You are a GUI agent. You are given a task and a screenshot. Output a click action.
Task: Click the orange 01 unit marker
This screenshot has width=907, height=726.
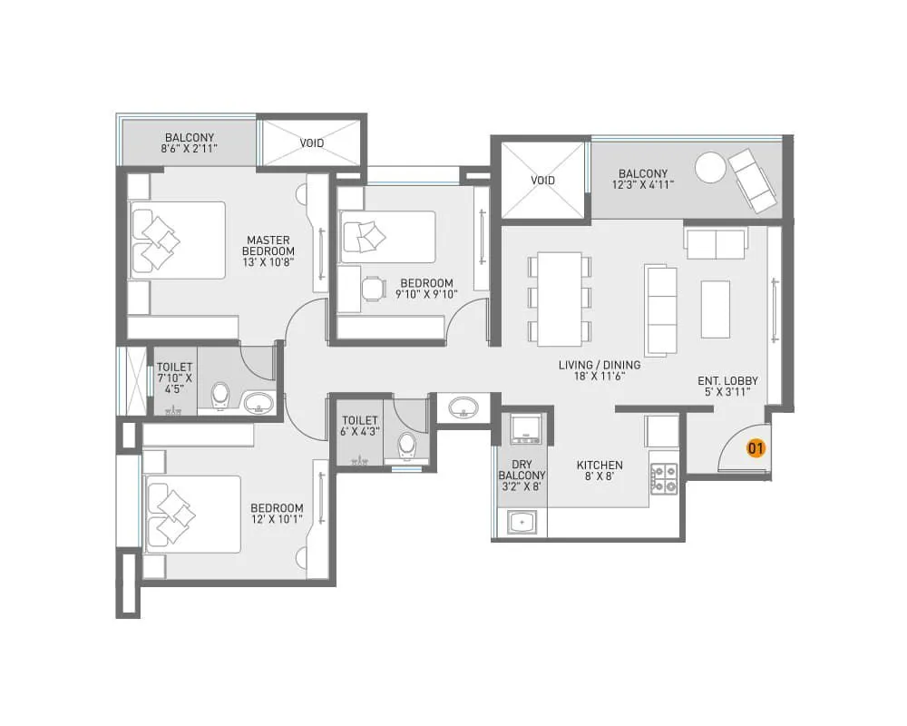point(756,447)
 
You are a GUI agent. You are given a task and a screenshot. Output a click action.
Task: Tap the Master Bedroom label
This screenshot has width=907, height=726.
point(268,250)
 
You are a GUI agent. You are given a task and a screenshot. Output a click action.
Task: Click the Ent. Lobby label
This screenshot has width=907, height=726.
point(727,386)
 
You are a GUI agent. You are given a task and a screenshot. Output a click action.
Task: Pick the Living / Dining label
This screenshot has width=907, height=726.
point(600,370)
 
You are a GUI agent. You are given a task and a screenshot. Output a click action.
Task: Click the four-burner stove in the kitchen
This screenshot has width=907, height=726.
point(664,478)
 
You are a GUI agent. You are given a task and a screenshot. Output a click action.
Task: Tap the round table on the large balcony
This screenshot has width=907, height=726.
point(710,167)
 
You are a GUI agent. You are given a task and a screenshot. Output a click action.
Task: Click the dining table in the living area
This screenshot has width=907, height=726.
point(559,299)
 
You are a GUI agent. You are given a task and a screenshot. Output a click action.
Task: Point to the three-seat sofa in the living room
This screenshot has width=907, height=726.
point(661,309)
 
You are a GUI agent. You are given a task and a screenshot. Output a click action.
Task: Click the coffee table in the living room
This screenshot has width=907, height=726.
point(716,309)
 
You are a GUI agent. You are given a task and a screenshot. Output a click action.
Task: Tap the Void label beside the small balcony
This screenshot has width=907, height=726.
point(312,142)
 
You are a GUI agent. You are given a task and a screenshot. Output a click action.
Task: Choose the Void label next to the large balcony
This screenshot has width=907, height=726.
point(542,181)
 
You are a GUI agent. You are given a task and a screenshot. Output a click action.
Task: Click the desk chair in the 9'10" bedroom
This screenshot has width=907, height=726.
point(372,289)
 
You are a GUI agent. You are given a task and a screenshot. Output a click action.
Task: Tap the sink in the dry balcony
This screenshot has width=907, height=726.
point(521,523)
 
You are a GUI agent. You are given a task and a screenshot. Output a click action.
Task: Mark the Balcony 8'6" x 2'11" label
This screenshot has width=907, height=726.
point(190,142)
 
